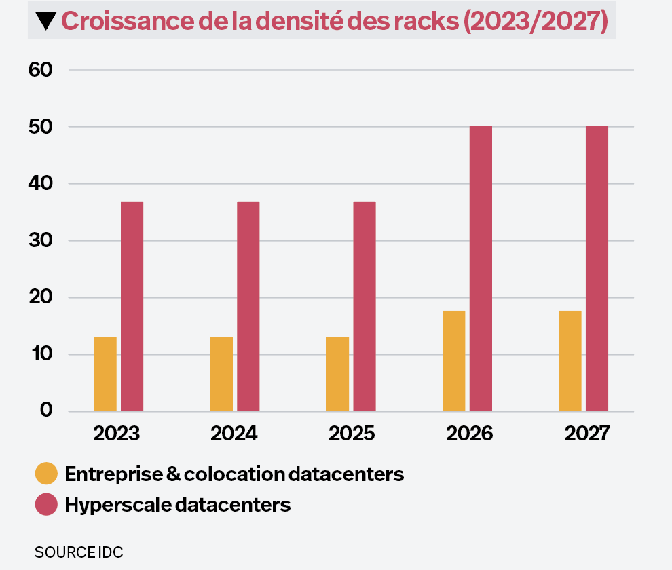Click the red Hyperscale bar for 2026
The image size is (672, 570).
point(481,269)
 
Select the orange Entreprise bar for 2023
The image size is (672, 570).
point(105,374)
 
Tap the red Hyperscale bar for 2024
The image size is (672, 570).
point(248,306)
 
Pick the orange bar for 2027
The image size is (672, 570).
point(570,360)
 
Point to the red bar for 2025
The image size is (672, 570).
point(365,306)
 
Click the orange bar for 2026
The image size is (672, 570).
point(453,360)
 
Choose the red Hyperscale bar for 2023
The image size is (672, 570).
point(132,306)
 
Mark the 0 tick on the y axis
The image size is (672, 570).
point(46,411)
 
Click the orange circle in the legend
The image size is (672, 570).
point(47,474)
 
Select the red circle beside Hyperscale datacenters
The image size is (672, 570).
point(47,505)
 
